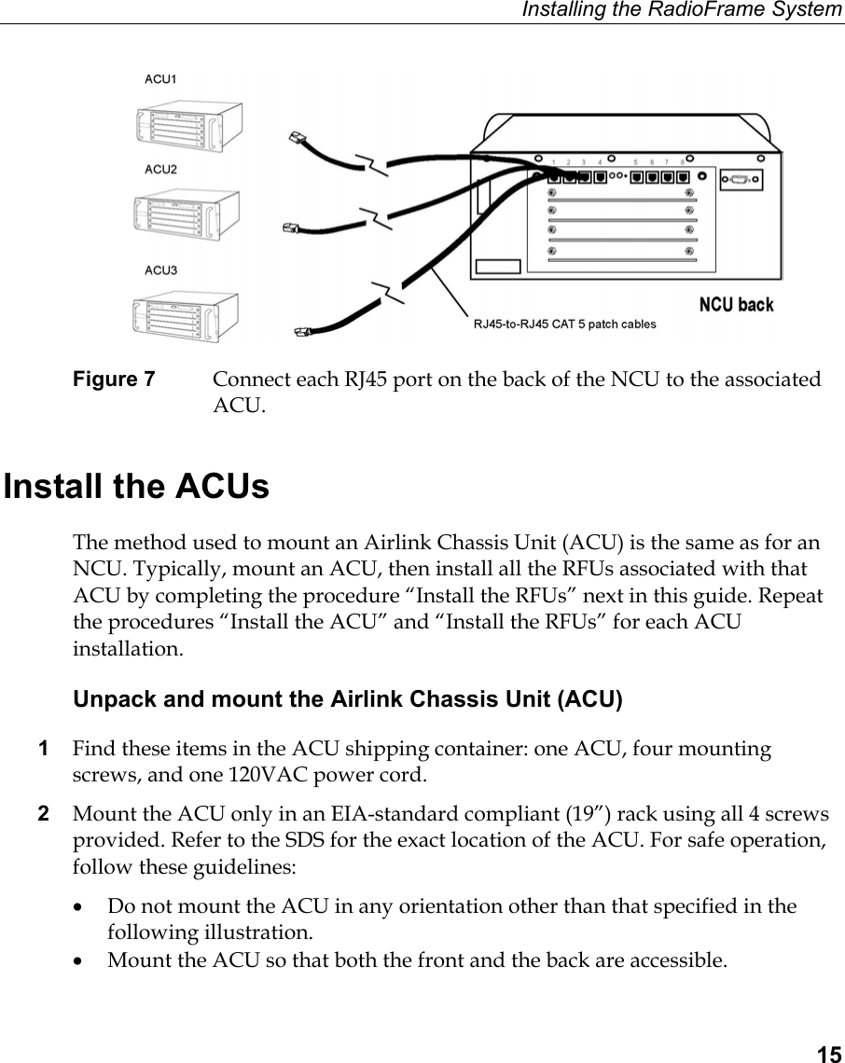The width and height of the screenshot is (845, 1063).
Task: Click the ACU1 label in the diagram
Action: [x=160, y=79]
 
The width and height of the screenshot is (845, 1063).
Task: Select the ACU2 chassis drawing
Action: [x=187, y=216]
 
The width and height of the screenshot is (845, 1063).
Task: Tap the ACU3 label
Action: [x=160, y=270]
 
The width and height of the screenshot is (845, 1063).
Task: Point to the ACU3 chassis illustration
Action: [x=186, y=317]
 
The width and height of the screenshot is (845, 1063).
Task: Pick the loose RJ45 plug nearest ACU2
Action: [x=290, y=227]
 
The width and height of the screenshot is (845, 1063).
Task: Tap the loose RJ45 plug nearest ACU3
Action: [x=301, y=330]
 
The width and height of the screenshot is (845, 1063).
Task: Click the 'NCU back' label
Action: [x=736, y=305]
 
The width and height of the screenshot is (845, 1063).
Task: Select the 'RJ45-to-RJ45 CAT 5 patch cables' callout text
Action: [x=564, y=324]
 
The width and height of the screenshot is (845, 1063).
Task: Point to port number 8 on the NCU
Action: [x=682, y=161]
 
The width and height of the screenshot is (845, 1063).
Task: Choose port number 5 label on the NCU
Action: [x=636, y=161]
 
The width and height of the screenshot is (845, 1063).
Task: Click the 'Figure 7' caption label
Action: [x=114, y=380]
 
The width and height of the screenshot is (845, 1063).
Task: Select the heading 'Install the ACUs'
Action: [x=137, y=488]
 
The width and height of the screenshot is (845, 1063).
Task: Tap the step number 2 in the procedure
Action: [x=43, y=815]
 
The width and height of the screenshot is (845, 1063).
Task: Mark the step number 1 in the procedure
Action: [x=43, y=749]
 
